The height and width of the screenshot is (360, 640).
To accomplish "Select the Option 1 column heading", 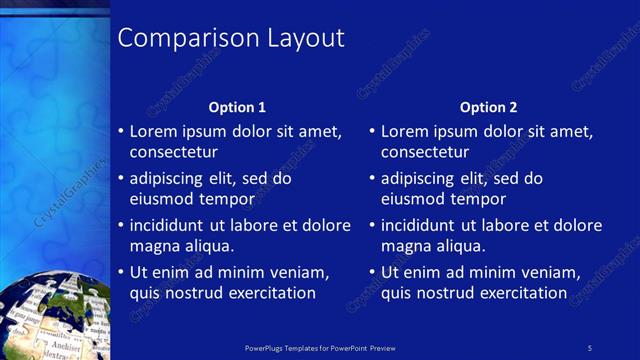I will tap(237, 107).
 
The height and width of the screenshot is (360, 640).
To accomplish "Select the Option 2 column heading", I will tap(489, 107).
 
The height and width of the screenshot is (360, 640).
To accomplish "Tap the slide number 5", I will tap(590, 347).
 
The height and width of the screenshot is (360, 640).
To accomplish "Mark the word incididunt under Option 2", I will tap(422, 225).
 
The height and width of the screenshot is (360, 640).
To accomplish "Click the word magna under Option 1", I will tap(154, 246).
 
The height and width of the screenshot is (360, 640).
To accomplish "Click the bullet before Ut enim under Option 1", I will tap(120, 272).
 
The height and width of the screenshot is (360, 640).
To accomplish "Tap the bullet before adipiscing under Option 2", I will tap(372, 179).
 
